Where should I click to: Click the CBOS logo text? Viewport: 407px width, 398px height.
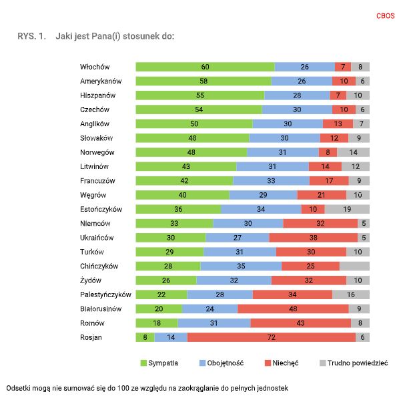[x=386, y=15]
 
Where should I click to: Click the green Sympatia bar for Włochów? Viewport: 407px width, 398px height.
[x=205, y=67]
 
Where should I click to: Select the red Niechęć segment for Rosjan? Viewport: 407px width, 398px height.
[x=271, y=337]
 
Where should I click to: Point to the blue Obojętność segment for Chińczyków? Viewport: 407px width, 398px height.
[x=241, y=266]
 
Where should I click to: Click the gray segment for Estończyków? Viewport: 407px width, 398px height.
[x=347, y=209]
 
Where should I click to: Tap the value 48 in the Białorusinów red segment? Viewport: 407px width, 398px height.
[x=293, y=309]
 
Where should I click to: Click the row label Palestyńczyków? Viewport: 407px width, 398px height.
[x=105, y=294]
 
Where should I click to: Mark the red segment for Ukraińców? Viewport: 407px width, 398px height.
[x=314, y=238]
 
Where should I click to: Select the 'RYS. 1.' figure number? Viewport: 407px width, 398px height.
[x=31, y=35]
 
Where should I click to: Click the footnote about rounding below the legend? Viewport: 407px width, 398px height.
[x=147, y=387]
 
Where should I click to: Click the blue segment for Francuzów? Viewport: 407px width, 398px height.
[x=271, y=180]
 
